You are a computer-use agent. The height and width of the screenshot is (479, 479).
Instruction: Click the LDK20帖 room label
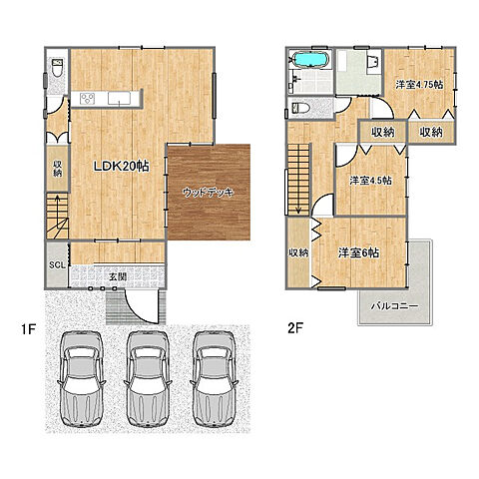[122, 166]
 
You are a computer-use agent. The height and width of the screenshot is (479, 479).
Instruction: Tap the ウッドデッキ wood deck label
[209, 193]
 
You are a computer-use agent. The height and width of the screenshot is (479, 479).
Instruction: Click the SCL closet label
[57, 264]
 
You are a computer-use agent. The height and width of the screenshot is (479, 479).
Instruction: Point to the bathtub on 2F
[310, 60]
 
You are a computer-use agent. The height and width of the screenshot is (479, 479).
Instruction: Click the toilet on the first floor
[57, 68]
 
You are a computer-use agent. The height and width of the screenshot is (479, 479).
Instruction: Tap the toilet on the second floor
[300, 108]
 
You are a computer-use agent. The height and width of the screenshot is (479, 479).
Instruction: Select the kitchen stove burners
[88, 99]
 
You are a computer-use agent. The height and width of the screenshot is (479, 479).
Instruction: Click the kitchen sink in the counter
[119, 98]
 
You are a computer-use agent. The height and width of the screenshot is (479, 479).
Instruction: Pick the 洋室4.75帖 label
[419, 85]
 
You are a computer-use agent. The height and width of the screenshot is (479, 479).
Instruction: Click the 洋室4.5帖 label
[370, 181]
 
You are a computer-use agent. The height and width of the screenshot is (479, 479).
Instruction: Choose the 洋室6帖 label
[358, 252]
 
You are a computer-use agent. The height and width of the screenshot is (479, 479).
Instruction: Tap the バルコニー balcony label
[394, 305]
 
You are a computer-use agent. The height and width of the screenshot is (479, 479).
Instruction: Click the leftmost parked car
[81, 378]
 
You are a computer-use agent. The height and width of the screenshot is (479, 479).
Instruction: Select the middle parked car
[148, 378]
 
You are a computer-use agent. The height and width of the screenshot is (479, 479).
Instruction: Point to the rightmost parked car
[215, 378]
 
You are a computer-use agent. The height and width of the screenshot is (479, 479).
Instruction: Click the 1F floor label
[28, 329]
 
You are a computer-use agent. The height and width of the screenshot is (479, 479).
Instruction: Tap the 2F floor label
[295, 328]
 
